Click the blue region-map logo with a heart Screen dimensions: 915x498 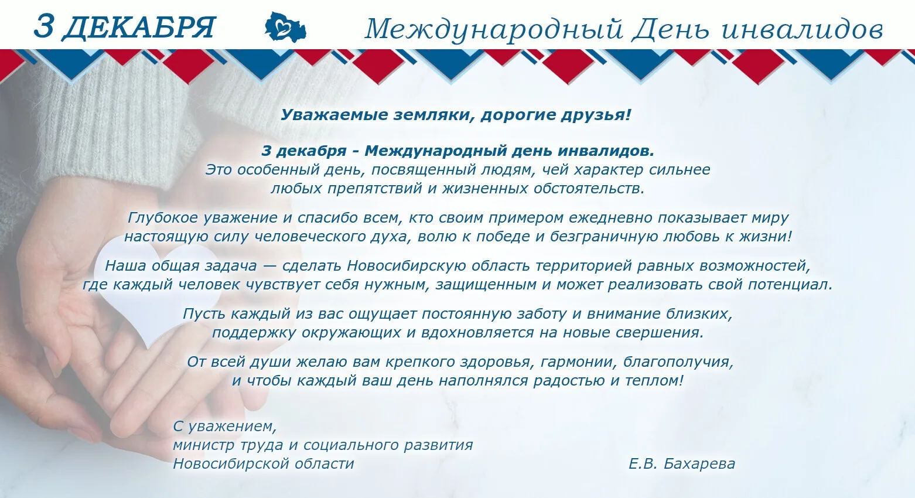click(x=285, y=27)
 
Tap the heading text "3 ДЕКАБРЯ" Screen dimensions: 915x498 click(x=124, y=28)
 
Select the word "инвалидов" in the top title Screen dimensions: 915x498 click(x=803, y=29)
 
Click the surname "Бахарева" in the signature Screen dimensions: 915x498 click(x=699, y=463)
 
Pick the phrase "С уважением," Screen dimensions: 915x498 click(x=225, y=427)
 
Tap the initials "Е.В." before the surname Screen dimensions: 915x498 click(x=643, y=463)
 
